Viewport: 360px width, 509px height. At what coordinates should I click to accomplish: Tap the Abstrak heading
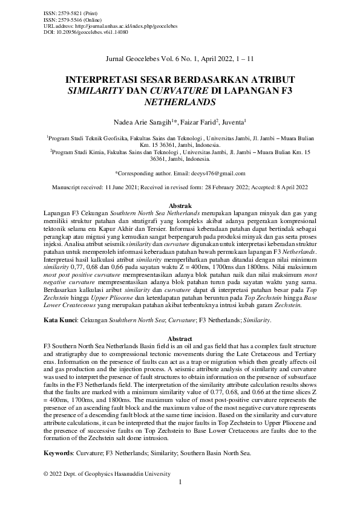(180, 206)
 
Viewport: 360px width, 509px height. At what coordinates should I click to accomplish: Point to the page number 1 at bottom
(180, 482)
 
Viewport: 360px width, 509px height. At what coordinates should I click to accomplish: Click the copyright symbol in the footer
(47, 473)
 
